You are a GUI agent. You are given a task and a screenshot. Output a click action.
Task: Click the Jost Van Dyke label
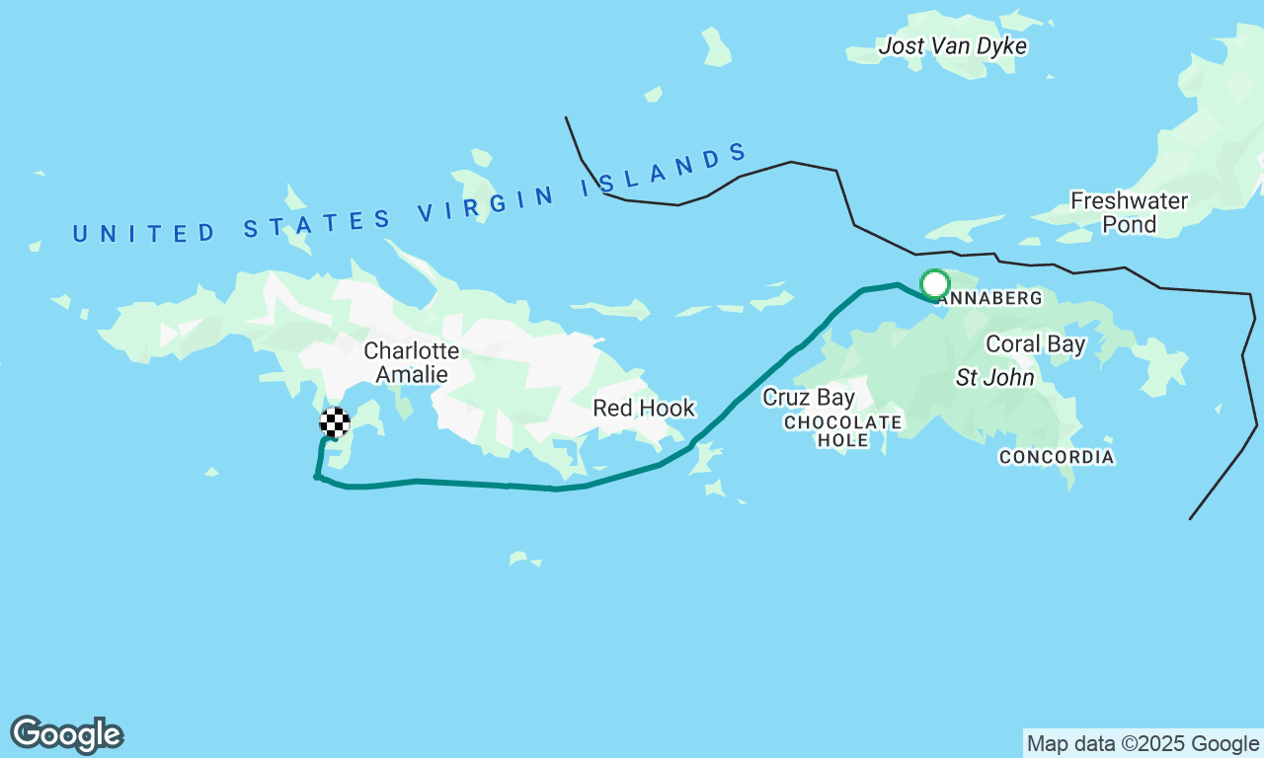952,46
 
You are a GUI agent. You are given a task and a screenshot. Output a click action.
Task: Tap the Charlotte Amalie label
411,362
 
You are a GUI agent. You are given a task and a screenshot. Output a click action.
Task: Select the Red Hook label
644,408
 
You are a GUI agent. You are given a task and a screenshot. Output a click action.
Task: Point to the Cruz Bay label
808,398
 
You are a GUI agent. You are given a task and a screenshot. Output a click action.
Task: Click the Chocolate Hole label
842,431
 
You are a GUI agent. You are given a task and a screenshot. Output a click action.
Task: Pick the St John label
994,377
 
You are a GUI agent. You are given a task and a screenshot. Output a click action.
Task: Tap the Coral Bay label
1036,344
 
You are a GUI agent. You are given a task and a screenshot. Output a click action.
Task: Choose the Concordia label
1056,457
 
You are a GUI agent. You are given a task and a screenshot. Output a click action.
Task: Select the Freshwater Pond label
1129,212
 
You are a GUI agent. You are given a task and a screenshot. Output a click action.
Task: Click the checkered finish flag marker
335,422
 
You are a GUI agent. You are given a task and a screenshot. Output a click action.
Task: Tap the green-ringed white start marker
934,284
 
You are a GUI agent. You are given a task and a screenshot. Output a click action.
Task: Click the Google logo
66,735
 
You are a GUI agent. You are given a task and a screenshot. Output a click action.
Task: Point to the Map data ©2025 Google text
1143,743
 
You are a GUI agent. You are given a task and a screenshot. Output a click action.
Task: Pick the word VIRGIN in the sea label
488,202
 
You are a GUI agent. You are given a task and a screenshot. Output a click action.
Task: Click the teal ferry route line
464,483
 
